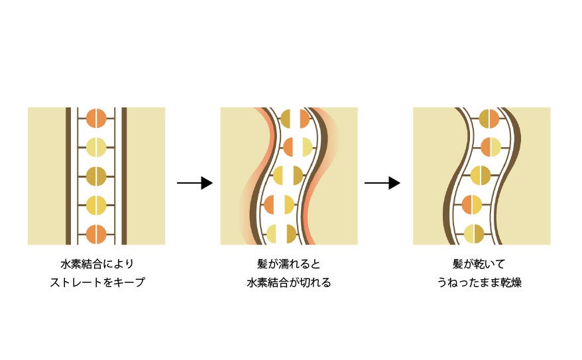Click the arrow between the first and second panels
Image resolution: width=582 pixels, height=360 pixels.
(x=194, y=183)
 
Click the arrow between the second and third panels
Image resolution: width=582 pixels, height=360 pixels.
(x=382, y=183)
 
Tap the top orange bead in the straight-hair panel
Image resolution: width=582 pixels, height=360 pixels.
(x=96, y=118)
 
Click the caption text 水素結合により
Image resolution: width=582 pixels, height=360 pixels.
(x=97, y=263)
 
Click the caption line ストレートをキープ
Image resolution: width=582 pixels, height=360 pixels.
(x=97, y=282)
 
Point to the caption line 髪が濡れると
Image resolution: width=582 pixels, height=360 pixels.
(x=288, y=263)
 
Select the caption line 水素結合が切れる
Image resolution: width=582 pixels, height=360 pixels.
(x=288, y=282)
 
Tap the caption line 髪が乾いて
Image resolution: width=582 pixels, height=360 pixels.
(x=481, y=263)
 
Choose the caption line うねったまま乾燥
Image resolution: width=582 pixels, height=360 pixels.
(x=481, y=282)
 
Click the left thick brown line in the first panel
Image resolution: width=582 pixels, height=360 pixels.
(x=68, y=176)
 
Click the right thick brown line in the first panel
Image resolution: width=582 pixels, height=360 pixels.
(x=124, y=176)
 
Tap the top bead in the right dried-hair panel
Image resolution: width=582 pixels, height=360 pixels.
(x=489, y=118)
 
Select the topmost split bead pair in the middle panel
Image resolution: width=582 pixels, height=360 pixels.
(x=295, y=118)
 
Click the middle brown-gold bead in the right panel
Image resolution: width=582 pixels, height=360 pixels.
(x=480, y=176)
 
